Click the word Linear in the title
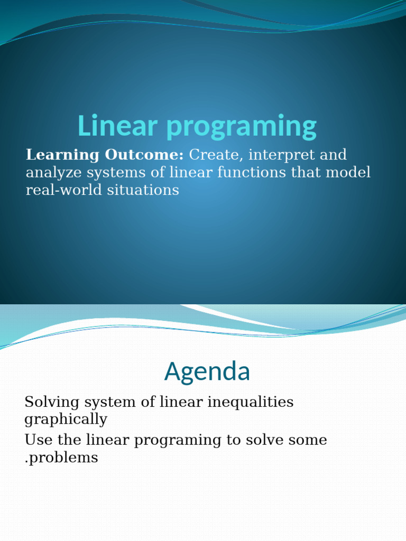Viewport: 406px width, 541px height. click(118, 125)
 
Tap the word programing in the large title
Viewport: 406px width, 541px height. click(242, 127)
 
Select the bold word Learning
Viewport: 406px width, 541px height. click(62, 155)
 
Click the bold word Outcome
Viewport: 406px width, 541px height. click(144, 155)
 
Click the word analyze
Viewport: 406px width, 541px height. click(53, 173)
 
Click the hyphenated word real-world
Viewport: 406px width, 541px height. click(64, 190)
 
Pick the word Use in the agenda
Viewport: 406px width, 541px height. click(38, 440)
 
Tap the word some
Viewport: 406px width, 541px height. click(308, 440)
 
